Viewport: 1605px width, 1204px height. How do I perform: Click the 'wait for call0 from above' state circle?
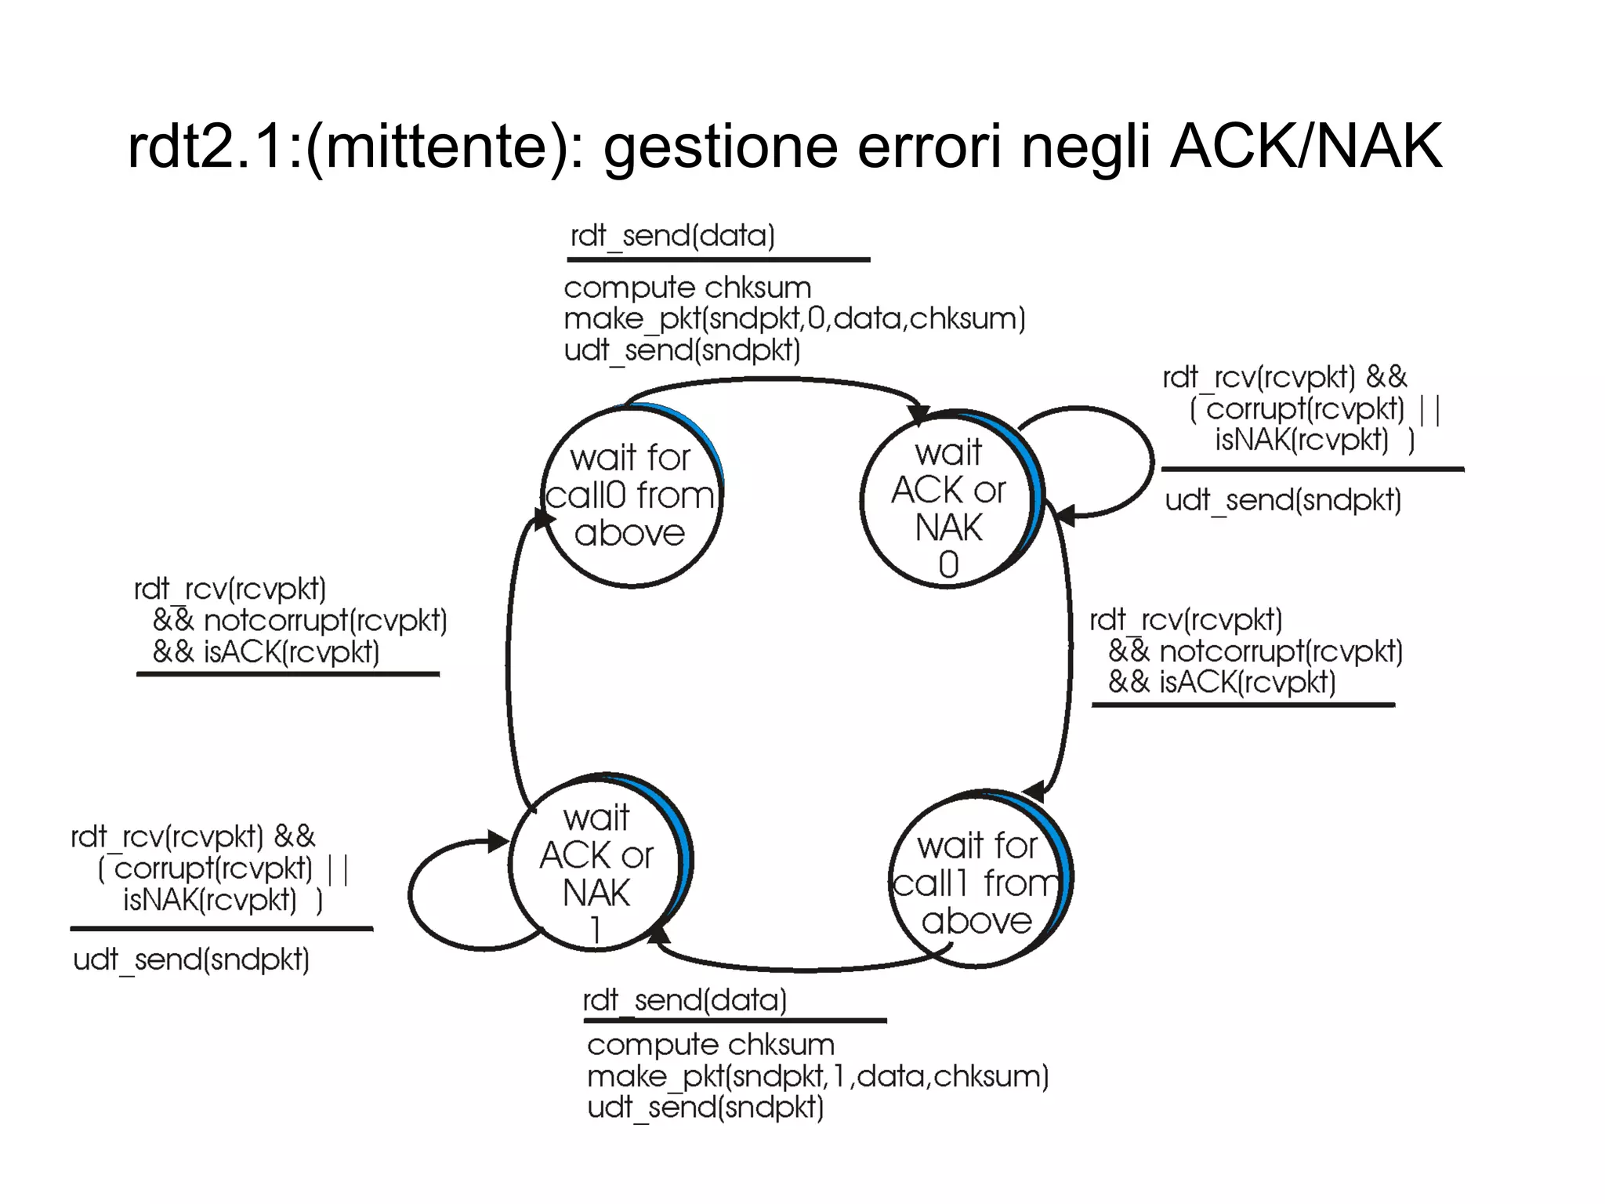tap(631, 495)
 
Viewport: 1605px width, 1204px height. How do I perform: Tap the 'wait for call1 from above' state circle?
tap(978, 882)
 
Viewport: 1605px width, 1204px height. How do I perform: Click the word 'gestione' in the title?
tap(720, 147)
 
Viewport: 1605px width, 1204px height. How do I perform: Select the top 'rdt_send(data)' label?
tap(672, 236)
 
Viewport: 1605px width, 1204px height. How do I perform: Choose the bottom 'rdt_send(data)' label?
tap(684, 1000)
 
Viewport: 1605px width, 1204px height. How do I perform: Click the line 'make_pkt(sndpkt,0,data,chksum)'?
tap(794, 319)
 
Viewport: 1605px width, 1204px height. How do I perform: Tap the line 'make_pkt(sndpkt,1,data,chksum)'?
tap(817, 1076)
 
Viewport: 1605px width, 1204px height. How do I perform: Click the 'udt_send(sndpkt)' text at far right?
tap(1283, 500)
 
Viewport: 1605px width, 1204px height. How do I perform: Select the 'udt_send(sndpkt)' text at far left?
tap(191, 959)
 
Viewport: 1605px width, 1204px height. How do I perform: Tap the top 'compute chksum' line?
tap(687, 288)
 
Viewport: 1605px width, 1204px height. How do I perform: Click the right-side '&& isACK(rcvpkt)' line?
tap(1221, 683)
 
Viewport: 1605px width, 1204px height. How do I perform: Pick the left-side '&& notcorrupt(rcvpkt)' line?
tap(299, 621)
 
